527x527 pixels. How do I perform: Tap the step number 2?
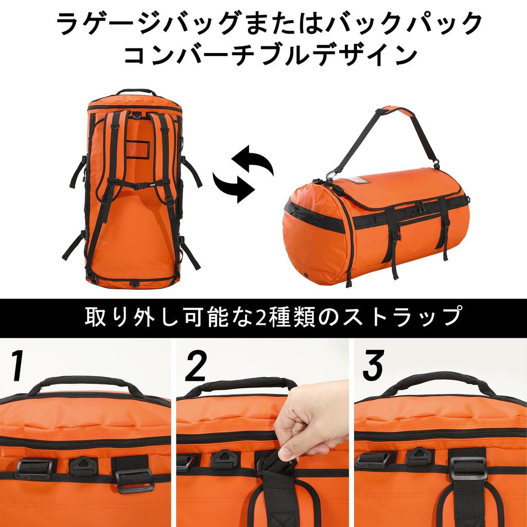click(x=196, y=366)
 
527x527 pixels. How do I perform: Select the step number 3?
click(x=373, y=366)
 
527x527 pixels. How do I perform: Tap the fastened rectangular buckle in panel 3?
click(x=467, y=468)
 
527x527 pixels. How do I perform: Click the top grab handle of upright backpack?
click(x=135, y=92)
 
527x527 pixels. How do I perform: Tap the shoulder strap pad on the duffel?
click(x=398, y=112)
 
